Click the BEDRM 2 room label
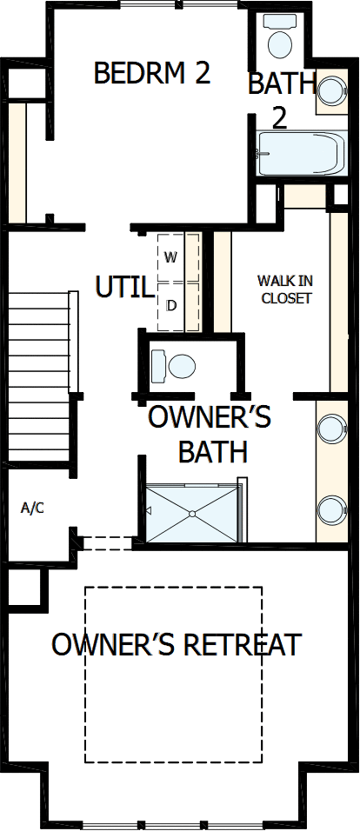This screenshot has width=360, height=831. coord(152,74)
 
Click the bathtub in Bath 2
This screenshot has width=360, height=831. coord(297,155)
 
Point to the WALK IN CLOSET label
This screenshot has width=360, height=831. coord(284,289)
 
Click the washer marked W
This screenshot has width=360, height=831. coord(170,257)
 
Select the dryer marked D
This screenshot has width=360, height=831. coord(170,305)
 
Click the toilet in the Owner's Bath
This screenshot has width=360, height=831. coord(174,365)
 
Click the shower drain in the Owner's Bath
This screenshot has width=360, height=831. coord(190,514)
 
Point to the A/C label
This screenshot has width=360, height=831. coord(32,508)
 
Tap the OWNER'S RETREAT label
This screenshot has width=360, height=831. coord(176,645)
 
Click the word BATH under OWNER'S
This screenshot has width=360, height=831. coord(212,452)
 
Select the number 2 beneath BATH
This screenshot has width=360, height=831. coord(279,118)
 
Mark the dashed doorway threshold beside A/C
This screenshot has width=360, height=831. coord(107,543)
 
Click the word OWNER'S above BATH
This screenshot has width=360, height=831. coord(209,417)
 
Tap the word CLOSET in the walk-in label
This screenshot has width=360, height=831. coord(284,298)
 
